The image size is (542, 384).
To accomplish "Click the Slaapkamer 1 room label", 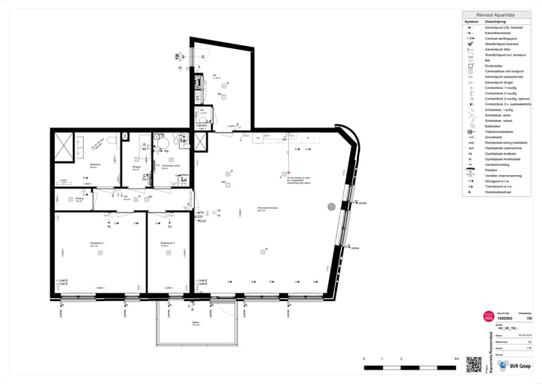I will [94, 243].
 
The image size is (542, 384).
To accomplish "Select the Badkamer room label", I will [96, 164].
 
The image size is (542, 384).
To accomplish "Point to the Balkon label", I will [196, 324].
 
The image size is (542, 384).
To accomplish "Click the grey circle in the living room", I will [330, 206].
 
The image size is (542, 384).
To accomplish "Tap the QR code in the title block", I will [473, 364].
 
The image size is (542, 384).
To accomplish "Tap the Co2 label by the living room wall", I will [202, 221].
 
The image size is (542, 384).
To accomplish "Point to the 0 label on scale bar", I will [364, 359].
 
